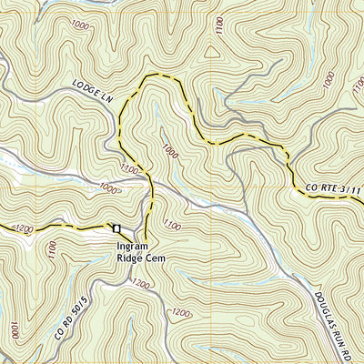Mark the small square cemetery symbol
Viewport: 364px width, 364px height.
116,227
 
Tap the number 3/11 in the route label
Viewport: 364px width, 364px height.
351,191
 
